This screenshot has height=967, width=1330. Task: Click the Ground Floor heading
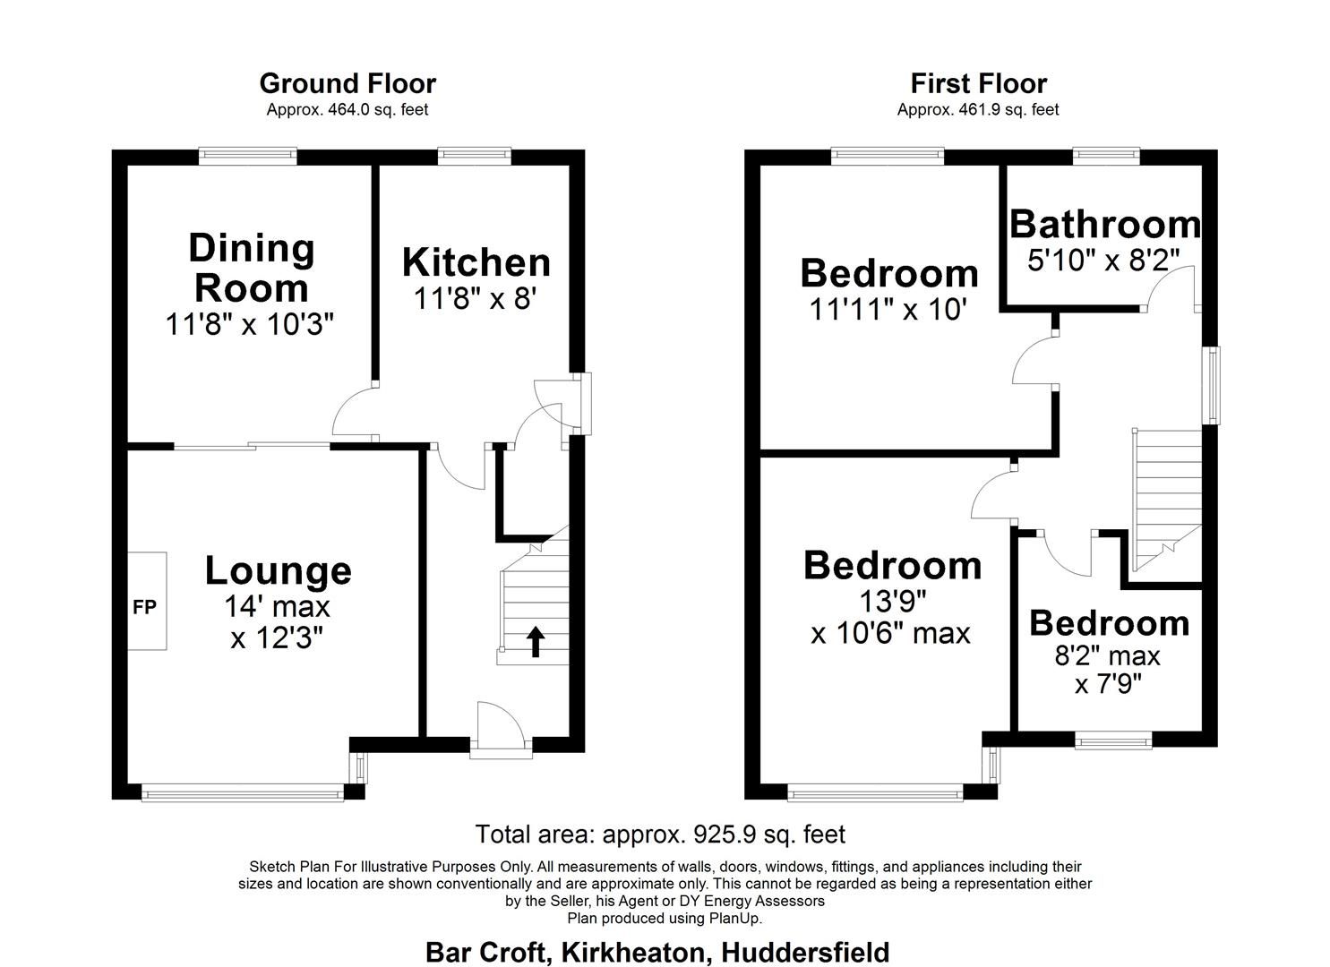click(x=348, y=83)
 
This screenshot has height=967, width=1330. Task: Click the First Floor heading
click(x=978, y=83)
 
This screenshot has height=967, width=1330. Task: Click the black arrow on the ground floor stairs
click(x=535, y=641)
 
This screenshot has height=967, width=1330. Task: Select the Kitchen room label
click(x=476, y=262)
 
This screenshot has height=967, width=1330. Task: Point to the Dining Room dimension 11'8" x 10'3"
click(x=250, y=324)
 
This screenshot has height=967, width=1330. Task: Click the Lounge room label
click(x=278, y=570)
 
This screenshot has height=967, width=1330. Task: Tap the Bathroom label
click(x=1104, y=224)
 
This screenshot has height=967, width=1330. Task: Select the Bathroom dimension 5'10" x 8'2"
click(x=1103, y=261)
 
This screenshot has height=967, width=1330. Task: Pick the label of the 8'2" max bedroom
click(x=1109, y=623)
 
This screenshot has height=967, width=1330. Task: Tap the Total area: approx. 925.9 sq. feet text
click(x=660, y=834)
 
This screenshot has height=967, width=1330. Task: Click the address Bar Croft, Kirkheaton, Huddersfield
click(x=657, y=951)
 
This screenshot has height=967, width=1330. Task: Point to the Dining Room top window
click(x=247, y=156)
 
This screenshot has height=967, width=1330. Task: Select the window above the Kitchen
click(x=475, y=156)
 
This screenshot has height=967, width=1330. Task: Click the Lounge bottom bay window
click(x=242, y=792)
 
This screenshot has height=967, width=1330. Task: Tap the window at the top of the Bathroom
click(x=1107, y=156)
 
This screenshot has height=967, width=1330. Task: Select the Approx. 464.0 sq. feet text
click(x=348, y=109)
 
